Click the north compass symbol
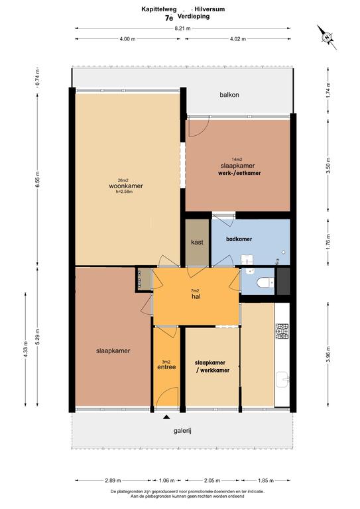327,37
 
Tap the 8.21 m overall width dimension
182,28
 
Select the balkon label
229,95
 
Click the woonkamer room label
125,186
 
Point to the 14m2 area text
237,159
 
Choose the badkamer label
239,239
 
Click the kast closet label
197,242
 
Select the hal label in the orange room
196,296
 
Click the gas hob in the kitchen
282,331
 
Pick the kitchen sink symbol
282,380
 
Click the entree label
166,367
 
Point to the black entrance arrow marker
166,417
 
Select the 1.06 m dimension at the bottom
166,481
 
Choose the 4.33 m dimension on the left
26,349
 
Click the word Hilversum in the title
210,9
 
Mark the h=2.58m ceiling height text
125,192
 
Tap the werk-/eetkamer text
239,173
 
